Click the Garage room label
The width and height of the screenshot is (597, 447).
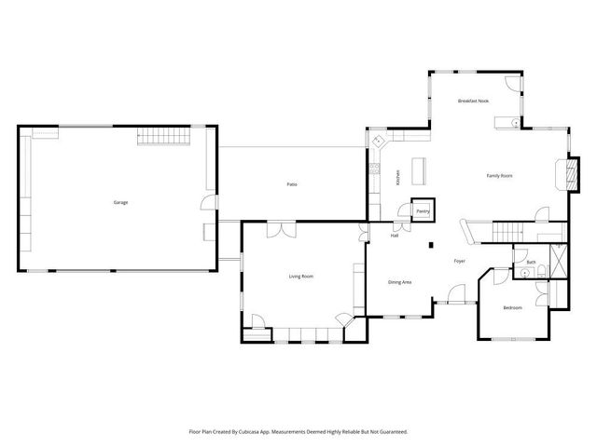click(120, 202)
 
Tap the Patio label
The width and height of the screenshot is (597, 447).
click(292, 184)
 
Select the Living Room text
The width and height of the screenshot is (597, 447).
click(300, 276)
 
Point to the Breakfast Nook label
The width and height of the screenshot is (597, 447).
click(473, 101)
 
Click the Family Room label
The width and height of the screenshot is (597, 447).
click(500, 175)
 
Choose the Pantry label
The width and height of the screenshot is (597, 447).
click(423, 211)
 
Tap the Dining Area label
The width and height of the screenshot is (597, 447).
click(400, 281)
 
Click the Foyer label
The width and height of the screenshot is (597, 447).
click(460, 261)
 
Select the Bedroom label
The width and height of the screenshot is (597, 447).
click(512, 307)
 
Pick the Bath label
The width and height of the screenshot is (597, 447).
click(531, 263)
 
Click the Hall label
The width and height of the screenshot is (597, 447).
click(395, 235)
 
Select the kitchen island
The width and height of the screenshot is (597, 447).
click(419, 169)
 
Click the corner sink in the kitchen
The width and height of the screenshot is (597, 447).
click(379, 142)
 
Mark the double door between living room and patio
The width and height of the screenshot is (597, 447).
click(277, 227)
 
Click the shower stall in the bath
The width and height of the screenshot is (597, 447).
click(558, 258)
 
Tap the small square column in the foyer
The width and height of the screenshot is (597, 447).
click(430, 245)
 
